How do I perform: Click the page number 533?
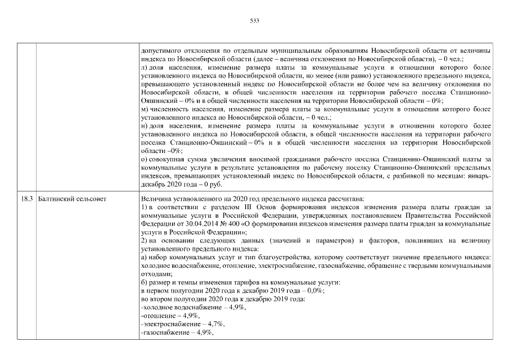(x=254, y=21)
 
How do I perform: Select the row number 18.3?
(x=25, y=198)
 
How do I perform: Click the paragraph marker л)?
(x=145, y=66)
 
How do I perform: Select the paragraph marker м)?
(x=145, y=109)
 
